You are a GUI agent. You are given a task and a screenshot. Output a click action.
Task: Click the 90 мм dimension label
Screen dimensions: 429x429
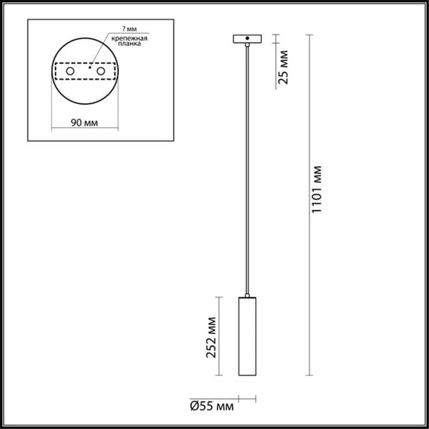[84, 121]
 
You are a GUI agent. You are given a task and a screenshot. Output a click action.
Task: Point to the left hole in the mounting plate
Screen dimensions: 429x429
[71, 71]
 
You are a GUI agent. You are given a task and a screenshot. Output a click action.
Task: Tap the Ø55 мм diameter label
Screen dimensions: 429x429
[211, 407]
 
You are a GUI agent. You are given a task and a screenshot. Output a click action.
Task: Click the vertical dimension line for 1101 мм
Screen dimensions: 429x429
[309, 203]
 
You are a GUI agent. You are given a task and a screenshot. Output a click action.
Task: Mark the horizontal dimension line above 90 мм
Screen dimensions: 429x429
[84, 129]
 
